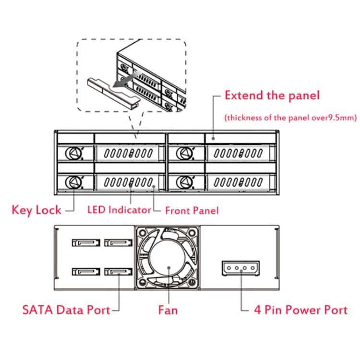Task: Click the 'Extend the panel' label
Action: (x=272, y=95)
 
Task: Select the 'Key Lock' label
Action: (x=36, y=210)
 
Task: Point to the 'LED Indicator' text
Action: (x=119, y=210)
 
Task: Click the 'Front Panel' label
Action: (x=192, y=210)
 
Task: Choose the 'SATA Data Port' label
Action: (x=66, y=309)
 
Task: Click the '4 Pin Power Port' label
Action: (x=300, y=309)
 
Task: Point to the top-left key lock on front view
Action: (x=73, y=153)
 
